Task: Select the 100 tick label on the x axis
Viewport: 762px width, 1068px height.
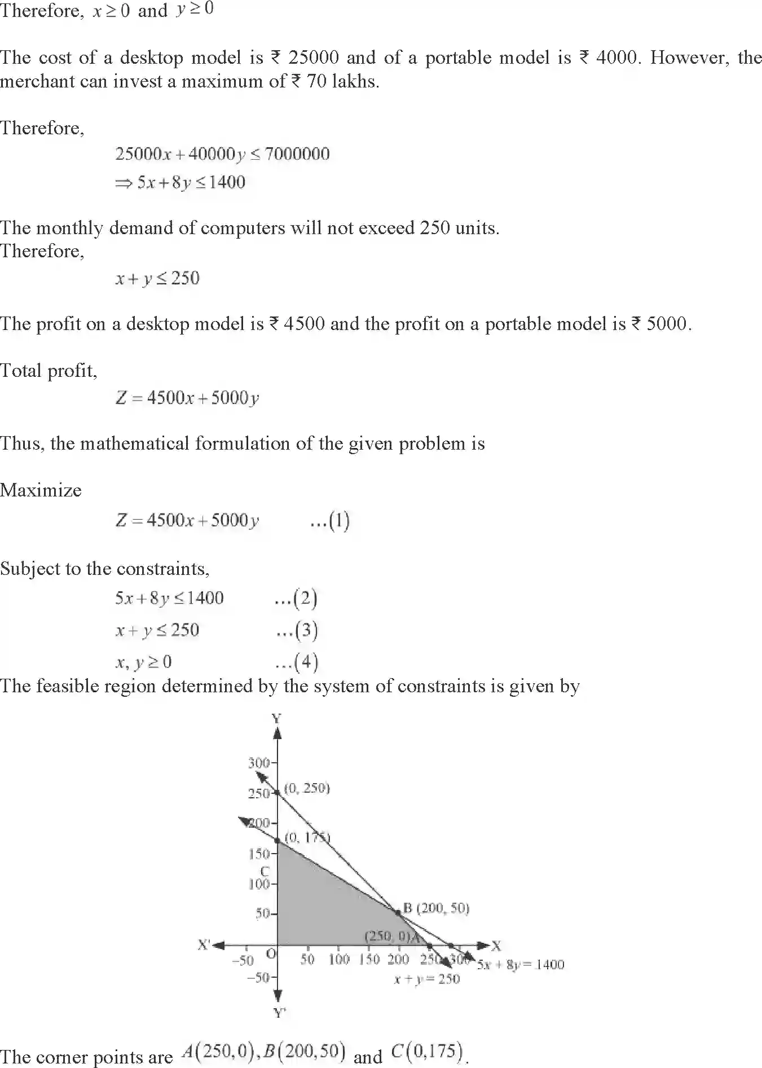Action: point(339,959)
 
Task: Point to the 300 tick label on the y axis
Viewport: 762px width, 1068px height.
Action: point(259,763)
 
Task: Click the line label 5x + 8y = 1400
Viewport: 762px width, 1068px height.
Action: point(521,964)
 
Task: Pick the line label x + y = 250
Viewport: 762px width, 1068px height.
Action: point(427,979)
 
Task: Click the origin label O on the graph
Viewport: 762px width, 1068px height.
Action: point(271,954)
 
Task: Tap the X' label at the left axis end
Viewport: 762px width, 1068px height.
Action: point(204,944)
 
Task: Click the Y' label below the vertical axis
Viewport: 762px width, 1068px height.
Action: point(280,1013)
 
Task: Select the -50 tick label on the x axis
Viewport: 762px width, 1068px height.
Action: point(243,960)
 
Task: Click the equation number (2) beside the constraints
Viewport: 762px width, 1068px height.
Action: point(296,598)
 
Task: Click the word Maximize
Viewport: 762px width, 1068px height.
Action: point(41,490)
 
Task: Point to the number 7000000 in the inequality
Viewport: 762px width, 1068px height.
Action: point(297,153)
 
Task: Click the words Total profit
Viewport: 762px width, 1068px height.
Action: point(49,371)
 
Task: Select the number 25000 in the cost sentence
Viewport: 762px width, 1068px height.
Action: point(314,58)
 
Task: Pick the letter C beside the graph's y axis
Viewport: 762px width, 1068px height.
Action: point(265,872)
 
